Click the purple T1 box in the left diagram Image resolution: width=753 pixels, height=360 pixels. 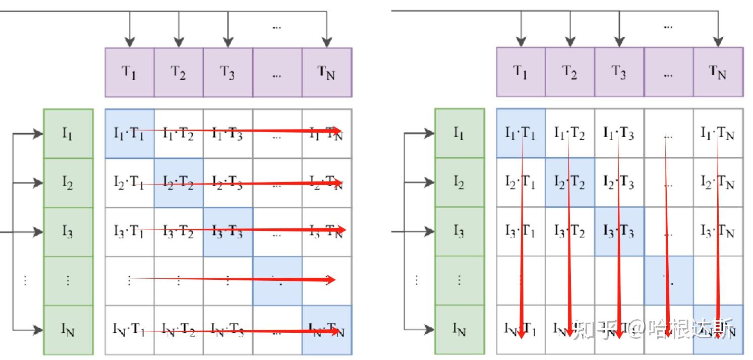pyautogui.click(x=130, y=72)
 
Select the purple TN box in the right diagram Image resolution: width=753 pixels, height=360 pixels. pyautogui.click(x=718, y=72)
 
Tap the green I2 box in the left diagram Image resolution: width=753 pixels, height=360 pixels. pyautogui.click(x=69, y=183)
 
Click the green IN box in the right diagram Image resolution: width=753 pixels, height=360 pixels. pyautogui.click(x=459, y=330)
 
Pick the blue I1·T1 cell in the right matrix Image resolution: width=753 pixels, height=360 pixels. pyautogui.click(x=521, y=133)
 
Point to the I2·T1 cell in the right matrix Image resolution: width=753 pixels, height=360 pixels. pyautogui.click(x=521, y=183)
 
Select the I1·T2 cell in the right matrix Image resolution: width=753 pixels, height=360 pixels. pyautogui.click(x=570, y=133)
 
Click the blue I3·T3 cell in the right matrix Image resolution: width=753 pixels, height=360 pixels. pyautogui.click(x=619, y=231)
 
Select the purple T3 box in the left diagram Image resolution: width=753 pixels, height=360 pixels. pyautogui.click(x=228, y=72)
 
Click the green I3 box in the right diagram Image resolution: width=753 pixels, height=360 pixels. pyautogui.click(x=459, y=231)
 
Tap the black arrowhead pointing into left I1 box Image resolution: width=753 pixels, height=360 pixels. pyautogui.click(x=38, y=134)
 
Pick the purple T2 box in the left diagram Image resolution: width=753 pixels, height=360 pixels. pyautogui.click(x=179, y=72)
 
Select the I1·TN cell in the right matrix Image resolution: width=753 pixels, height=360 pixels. pyautogui.click(x=718, y=133)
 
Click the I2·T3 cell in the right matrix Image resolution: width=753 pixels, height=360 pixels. pyautogui.click(x=619, y=183)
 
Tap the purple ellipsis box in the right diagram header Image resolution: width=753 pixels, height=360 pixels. pyautogui.click(x=669, y=72)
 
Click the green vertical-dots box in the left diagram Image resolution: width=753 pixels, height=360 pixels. pyautogui.click(x=69, y=281)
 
